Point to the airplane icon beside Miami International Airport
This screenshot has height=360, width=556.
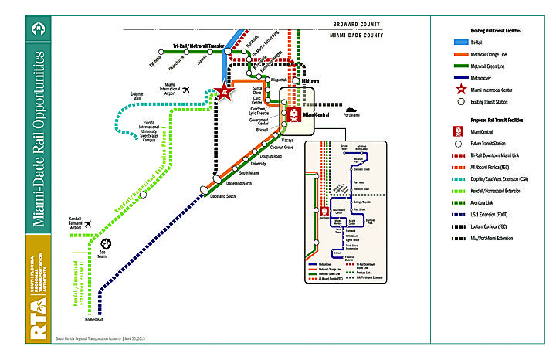pyautogui.click(x=186, y=91)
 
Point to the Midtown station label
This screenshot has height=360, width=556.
pyautogui.click(x=310, y=80)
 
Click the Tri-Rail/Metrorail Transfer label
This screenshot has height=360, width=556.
pyautogui.click(x=198, y=46)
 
